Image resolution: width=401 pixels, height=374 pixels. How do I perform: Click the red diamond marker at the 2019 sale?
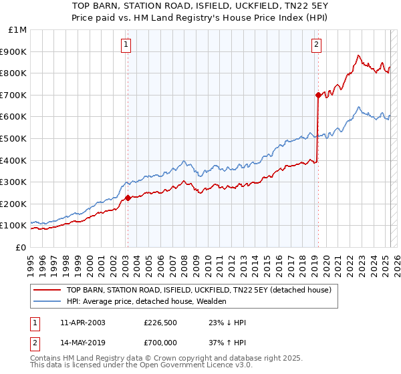click(x=317, y=95)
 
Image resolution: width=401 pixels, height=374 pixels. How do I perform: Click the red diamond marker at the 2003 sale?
click(x=127, y=198)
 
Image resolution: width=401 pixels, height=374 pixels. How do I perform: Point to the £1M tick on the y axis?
click(x=17, y=30)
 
